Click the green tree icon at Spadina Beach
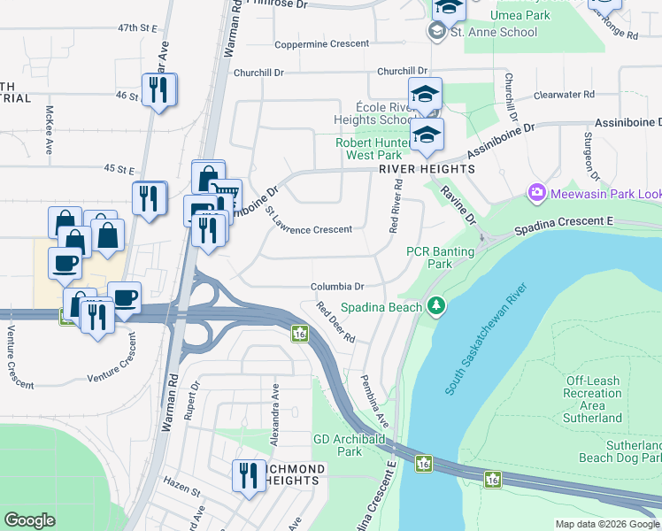435,306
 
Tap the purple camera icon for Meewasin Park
535,192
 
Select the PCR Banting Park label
440,258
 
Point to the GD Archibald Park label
338,445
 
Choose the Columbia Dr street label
337,287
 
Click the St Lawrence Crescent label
309,229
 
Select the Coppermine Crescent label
321,44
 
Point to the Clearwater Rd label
564,94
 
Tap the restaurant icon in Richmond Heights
249,475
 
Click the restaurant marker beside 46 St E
159,90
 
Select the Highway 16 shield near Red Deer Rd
300,334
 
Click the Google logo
29,519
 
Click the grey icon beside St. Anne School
435,32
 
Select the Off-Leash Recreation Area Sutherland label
592,399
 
